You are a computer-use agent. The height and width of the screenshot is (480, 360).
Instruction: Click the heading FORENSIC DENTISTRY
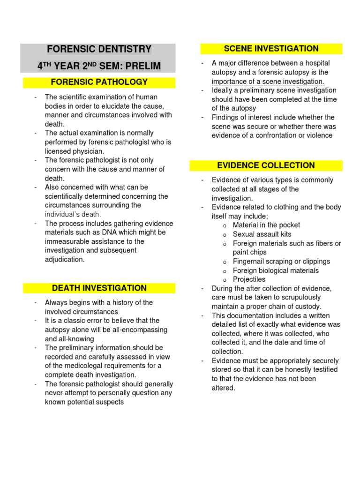tap(99, 49)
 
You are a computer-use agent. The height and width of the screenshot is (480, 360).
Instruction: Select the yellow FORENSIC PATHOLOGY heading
tap(99, 82)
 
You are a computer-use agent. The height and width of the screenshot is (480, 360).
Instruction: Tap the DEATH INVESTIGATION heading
tap(99, 288)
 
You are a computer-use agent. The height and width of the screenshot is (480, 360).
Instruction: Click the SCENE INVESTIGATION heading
tap(271, 49)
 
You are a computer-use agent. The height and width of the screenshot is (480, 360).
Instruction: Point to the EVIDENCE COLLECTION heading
tap(266, 165)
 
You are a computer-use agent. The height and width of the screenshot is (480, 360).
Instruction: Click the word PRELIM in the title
tap(141, 66)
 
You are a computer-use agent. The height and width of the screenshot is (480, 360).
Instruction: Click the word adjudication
tap(65, 259)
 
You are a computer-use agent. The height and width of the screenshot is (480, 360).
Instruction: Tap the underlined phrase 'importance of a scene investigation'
tap(268, 81)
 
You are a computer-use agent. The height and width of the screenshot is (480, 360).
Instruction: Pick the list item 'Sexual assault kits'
tap(262, 234)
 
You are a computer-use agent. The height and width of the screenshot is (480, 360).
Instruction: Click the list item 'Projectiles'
tap(249, 279)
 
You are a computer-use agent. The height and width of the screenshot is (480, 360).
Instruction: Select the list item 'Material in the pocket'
tap(266, 225)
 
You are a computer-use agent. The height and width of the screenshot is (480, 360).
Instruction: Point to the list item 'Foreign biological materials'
tap(276, 270)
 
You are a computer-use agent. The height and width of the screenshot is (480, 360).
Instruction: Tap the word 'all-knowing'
tap(76, 339)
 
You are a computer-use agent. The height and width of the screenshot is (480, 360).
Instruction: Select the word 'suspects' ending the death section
tap(109, 402)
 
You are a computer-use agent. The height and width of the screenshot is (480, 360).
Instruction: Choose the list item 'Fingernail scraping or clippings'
tap(281, 262)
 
